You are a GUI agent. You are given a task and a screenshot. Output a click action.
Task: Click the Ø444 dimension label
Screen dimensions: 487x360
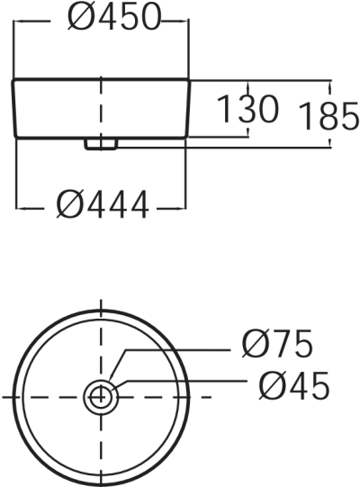click(102, 206)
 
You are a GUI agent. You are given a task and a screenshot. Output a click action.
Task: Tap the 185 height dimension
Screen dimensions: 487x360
click(328, 116)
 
